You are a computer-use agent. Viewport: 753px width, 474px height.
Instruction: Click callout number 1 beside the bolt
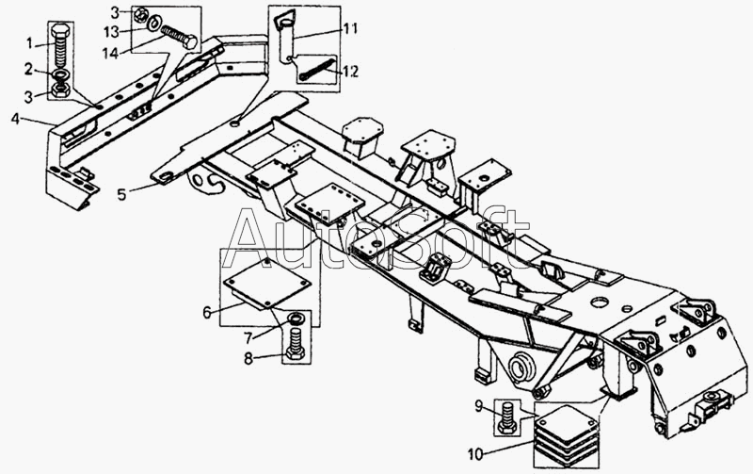(x=30, y=43)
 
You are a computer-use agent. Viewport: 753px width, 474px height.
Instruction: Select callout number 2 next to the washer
(x=29, y=69)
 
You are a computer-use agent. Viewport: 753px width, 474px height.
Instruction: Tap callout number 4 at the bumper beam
(x=16, y=118)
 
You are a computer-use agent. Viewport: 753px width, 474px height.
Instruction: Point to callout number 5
(x=122, y=194)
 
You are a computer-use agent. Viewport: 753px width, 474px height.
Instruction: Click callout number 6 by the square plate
(x=207, y=313)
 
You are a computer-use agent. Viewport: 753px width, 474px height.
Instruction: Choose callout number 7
(x=248, y=338)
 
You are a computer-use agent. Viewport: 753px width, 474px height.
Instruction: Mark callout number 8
(x=248, y=359)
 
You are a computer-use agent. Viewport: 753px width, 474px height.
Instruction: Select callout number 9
(x=478, y=407)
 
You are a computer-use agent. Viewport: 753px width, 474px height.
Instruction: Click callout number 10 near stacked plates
(x=475, y=454)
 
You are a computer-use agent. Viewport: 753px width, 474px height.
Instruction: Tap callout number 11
(x=350, y=29)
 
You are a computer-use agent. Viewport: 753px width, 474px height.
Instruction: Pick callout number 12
(x=350, y=72)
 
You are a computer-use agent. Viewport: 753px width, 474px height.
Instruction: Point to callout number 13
(x=111, y=32)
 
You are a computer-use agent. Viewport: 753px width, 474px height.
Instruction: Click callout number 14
(x=110, y=53)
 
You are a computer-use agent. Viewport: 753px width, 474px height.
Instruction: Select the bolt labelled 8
(x=295, y=343)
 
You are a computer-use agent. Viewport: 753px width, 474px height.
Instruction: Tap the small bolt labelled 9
(x=507, y=417)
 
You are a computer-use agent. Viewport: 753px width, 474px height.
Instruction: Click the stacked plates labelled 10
(x=567, y=435)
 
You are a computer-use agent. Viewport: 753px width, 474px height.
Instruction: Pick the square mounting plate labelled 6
(x=268, y=285)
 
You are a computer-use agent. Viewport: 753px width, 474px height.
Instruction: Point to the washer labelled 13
(x=154, y=23)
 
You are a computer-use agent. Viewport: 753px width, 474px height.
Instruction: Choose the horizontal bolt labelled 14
(x=179, y=37)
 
